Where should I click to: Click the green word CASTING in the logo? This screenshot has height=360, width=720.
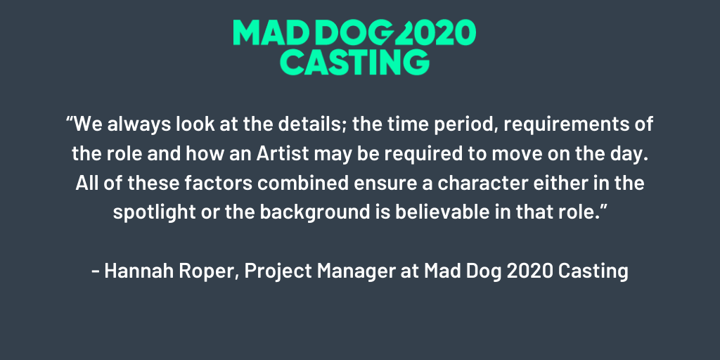tap(354, 62)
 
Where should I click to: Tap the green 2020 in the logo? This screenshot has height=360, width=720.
tap(435, 32)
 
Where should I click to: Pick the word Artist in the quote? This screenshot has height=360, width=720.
tap(283, 154)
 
